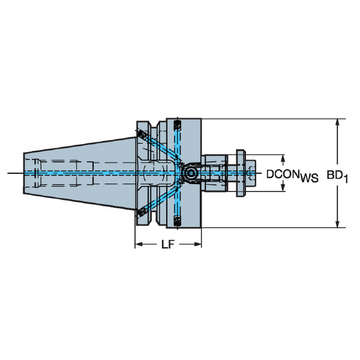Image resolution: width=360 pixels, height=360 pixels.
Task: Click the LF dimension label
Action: (168, 245)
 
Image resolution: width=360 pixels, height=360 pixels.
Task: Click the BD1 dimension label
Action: (337, 176)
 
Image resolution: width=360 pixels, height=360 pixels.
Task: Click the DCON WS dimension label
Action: (292, 176)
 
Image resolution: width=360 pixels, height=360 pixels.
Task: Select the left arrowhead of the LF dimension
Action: (139, 244)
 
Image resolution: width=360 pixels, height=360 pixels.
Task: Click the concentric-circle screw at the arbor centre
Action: (191, 173)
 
